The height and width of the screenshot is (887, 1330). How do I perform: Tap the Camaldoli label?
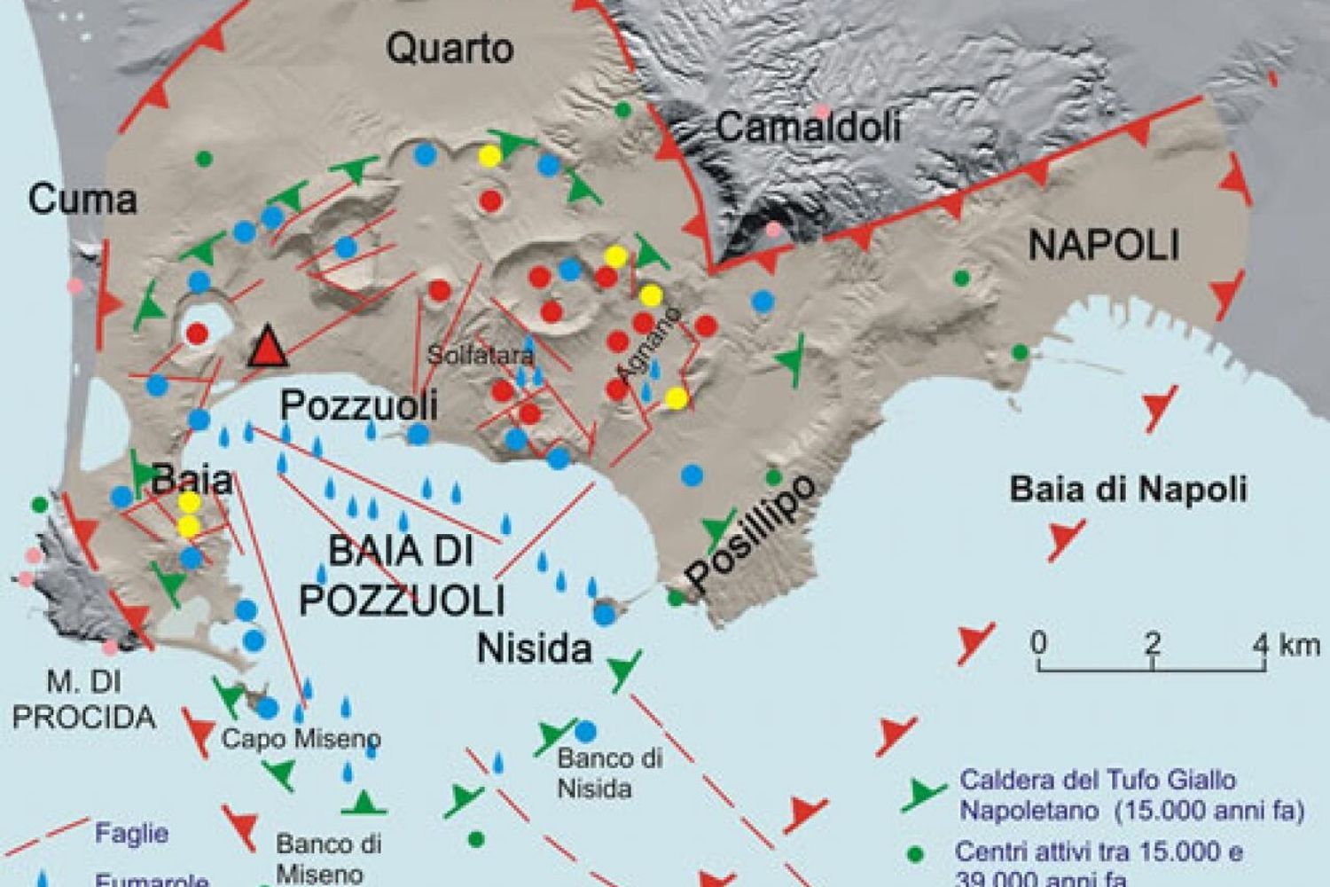click(x=808, y=127)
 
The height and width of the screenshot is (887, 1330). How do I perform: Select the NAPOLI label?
click(x=1104, y=245)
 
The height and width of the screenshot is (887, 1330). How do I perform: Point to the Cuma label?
click(x=82, y=200)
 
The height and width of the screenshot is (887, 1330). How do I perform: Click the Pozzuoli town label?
click(x=359, y=406)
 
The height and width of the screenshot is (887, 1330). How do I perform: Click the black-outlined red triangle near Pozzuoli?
click(x=267, y=348)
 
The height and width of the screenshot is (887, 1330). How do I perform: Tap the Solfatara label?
click(x=481, y=356)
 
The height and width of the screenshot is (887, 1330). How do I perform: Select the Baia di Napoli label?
click(x=1129, y=489)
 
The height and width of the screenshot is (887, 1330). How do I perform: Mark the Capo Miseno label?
click(x=301, y=738)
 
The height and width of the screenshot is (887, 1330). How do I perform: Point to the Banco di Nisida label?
click(x=611, y=773)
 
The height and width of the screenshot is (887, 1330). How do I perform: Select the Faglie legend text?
click(x=131, y=834)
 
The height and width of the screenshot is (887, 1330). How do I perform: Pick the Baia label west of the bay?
click(x=192, y=481)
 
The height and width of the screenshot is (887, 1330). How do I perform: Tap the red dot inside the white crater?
click(x=198, y=334)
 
